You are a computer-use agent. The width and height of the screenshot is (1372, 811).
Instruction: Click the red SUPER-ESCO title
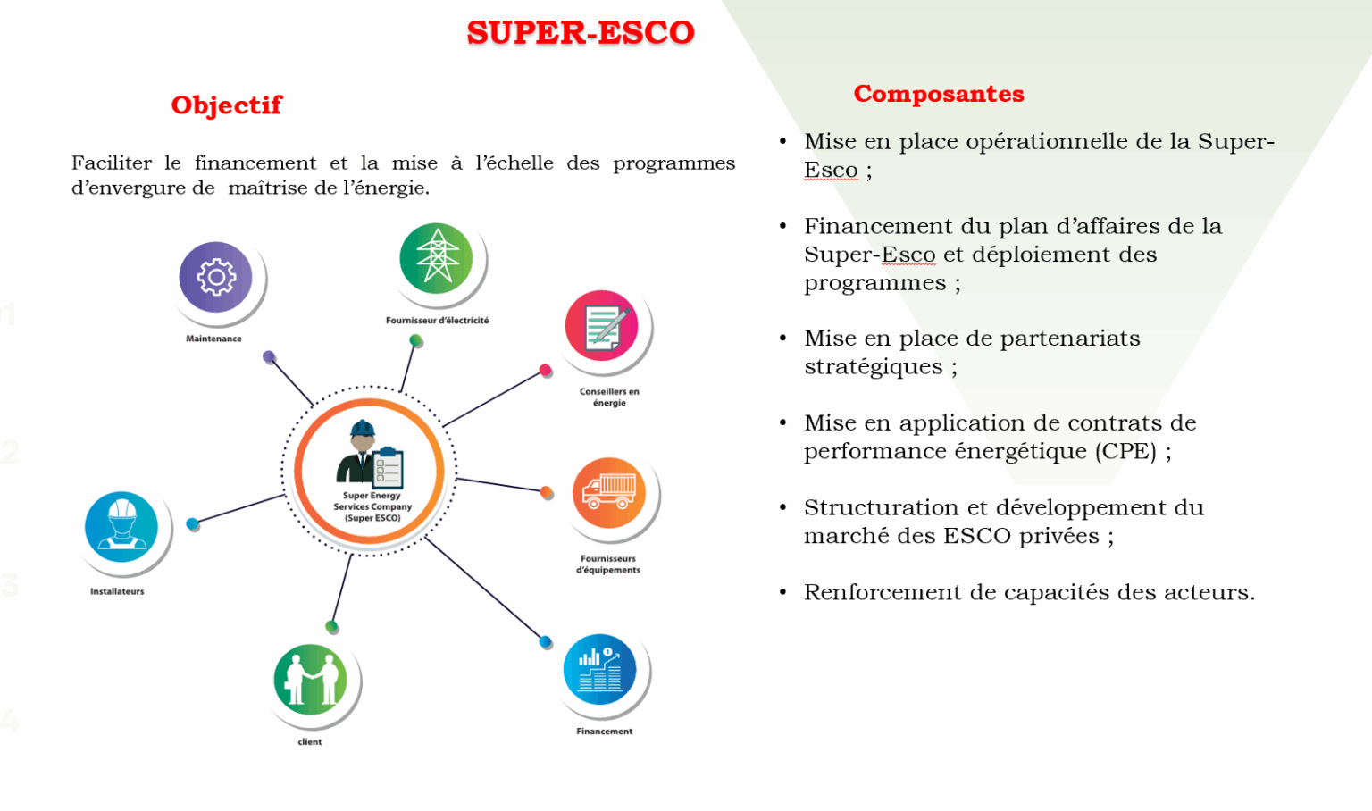coord(580,33)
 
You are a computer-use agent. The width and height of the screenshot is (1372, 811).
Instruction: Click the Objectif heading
coord(226,105)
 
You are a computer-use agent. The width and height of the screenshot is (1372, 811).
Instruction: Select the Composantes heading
coord(938,94)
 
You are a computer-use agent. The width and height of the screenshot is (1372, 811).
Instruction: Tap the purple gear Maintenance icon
coord(216,278)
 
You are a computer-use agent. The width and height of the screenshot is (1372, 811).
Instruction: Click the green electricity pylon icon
coord(436,259)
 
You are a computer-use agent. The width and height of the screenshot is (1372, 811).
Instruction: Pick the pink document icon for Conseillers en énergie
coord(602,326)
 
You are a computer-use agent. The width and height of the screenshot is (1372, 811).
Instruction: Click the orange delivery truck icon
coord(609,493)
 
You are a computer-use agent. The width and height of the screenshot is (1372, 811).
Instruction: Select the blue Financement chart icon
coord(599,670)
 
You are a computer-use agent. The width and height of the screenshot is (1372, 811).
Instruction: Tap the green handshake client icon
coord(310,680)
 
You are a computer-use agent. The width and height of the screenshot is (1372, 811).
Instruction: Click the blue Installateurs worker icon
coord(121,526)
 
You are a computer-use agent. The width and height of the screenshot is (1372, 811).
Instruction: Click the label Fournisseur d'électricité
coord(437,321)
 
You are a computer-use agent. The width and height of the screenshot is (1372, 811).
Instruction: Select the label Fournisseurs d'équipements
coord(608,564)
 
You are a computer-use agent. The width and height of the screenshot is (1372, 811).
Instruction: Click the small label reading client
coord(310,742)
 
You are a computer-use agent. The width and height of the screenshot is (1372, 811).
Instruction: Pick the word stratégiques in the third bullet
coord(873,367)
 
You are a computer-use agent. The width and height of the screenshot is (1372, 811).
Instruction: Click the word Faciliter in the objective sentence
coord(112,163)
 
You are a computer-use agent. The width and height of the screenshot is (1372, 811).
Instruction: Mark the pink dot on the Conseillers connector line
coord(545,370)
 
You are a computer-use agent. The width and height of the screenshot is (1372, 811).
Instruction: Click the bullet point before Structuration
coord(782,507)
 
